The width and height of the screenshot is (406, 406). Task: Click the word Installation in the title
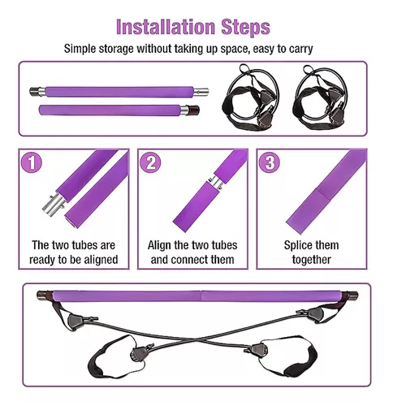[166, 27]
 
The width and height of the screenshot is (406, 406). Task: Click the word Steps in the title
[246, 28]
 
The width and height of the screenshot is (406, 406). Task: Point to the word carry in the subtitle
[300, 50]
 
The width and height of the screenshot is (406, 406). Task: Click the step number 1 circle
[32, 162]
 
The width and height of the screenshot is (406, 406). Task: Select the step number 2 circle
[150, 162]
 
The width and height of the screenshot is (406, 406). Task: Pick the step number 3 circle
[270, 162]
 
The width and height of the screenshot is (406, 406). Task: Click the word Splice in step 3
[297, 245]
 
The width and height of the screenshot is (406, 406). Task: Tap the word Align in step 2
[160, 245]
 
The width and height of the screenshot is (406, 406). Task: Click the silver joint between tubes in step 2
[216, 182]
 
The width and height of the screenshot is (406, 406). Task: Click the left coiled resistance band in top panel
[250, 98]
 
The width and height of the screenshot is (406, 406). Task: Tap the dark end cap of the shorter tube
[193, 110]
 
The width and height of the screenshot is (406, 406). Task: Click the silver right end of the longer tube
[201, 92]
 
